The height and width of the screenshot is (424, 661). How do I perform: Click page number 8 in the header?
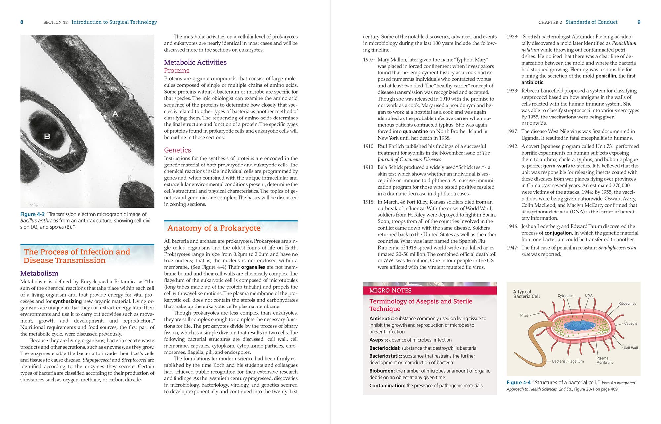[22, 22]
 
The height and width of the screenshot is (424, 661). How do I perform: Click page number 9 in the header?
[639, 22]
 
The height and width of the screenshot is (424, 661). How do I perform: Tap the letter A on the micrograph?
[115, 114]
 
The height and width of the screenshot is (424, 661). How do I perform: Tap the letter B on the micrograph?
[47, 136]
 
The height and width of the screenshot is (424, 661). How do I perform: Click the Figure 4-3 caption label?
[32, 214]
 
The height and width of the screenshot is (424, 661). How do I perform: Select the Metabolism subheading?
[39, 273]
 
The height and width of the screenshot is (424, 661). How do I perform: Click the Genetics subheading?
[177, 150]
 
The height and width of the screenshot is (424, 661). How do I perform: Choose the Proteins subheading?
[176, 71]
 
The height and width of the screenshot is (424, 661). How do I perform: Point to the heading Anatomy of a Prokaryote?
[214, 228]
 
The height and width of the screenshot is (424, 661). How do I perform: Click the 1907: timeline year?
[369, 60]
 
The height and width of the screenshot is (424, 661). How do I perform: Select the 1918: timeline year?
[369, 202]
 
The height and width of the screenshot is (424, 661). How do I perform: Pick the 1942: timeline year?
[512, 146]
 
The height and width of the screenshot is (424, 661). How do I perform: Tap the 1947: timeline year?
[512, 248]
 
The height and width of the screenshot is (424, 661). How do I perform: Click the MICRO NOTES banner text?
[390, 291]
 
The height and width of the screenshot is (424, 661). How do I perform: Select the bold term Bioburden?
[382, 371]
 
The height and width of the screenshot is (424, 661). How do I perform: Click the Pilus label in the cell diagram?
[524, 315]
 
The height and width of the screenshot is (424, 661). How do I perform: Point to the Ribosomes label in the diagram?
[627, 303]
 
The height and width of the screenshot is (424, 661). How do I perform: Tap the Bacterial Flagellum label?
[568, 361]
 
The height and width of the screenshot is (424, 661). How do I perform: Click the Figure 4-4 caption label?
[519, 383]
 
